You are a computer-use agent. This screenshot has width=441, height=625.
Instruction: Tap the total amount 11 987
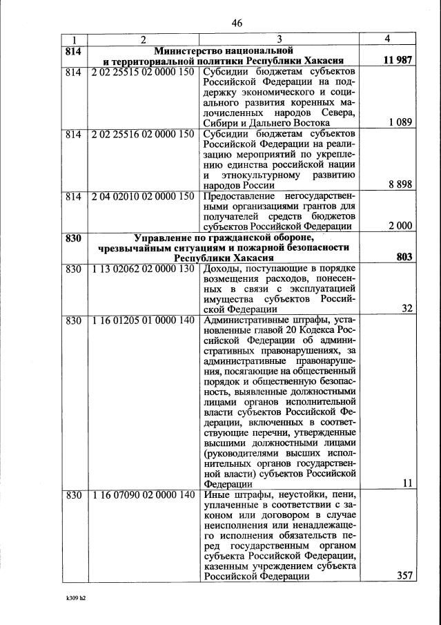pos(397,61)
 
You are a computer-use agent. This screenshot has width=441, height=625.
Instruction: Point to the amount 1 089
pos(400,122)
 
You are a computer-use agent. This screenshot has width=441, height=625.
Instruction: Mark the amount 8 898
pos(400,184)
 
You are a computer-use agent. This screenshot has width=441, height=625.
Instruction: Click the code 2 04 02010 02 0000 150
pos(145,196)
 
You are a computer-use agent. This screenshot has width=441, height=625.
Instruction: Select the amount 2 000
pos(400,225)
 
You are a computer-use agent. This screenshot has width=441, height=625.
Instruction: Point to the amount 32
pos(406,309)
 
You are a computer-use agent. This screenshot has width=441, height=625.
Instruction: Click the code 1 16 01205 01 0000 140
pos(145,320)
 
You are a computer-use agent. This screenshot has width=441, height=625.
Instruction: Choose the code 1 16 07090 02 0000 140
pos(145,495)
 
